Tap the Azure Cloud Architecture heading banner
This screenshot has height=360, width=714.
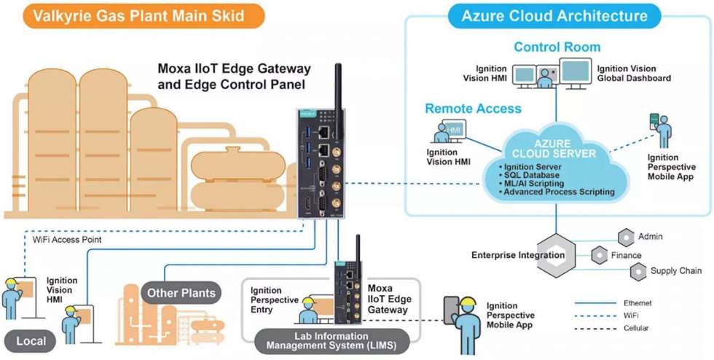tap(554, 16)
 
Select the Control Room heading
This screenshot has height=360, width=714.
tap(557, 47)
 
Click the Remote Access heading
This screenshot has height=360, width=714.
tap(473, 109)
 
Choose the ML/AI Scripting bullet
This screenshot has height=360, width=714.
tap(531, 183)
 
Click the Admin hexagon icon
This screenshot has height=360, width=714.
tap(626, 237)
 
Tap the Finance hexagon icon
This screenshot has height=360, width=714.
tap(599, 255)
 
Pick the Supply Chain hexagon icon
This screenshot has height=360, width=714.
tap(638, 272)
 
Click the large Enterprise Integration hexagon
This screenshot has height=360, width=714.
tap(556, 255)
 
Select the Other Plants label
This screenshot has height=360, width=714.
tap(181, 292)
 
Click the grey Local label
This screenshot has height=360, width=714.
tap(31, 341)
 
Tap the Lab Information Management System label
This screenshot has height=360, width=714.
tap(331, 341)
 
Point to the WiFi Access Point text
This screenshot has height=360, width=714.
tap(67, 239)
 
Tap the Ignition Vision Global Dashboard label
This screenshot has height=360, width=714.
tap(634, 74)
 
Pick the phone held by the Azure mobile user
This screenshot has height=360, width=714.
tap(654, 121)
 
